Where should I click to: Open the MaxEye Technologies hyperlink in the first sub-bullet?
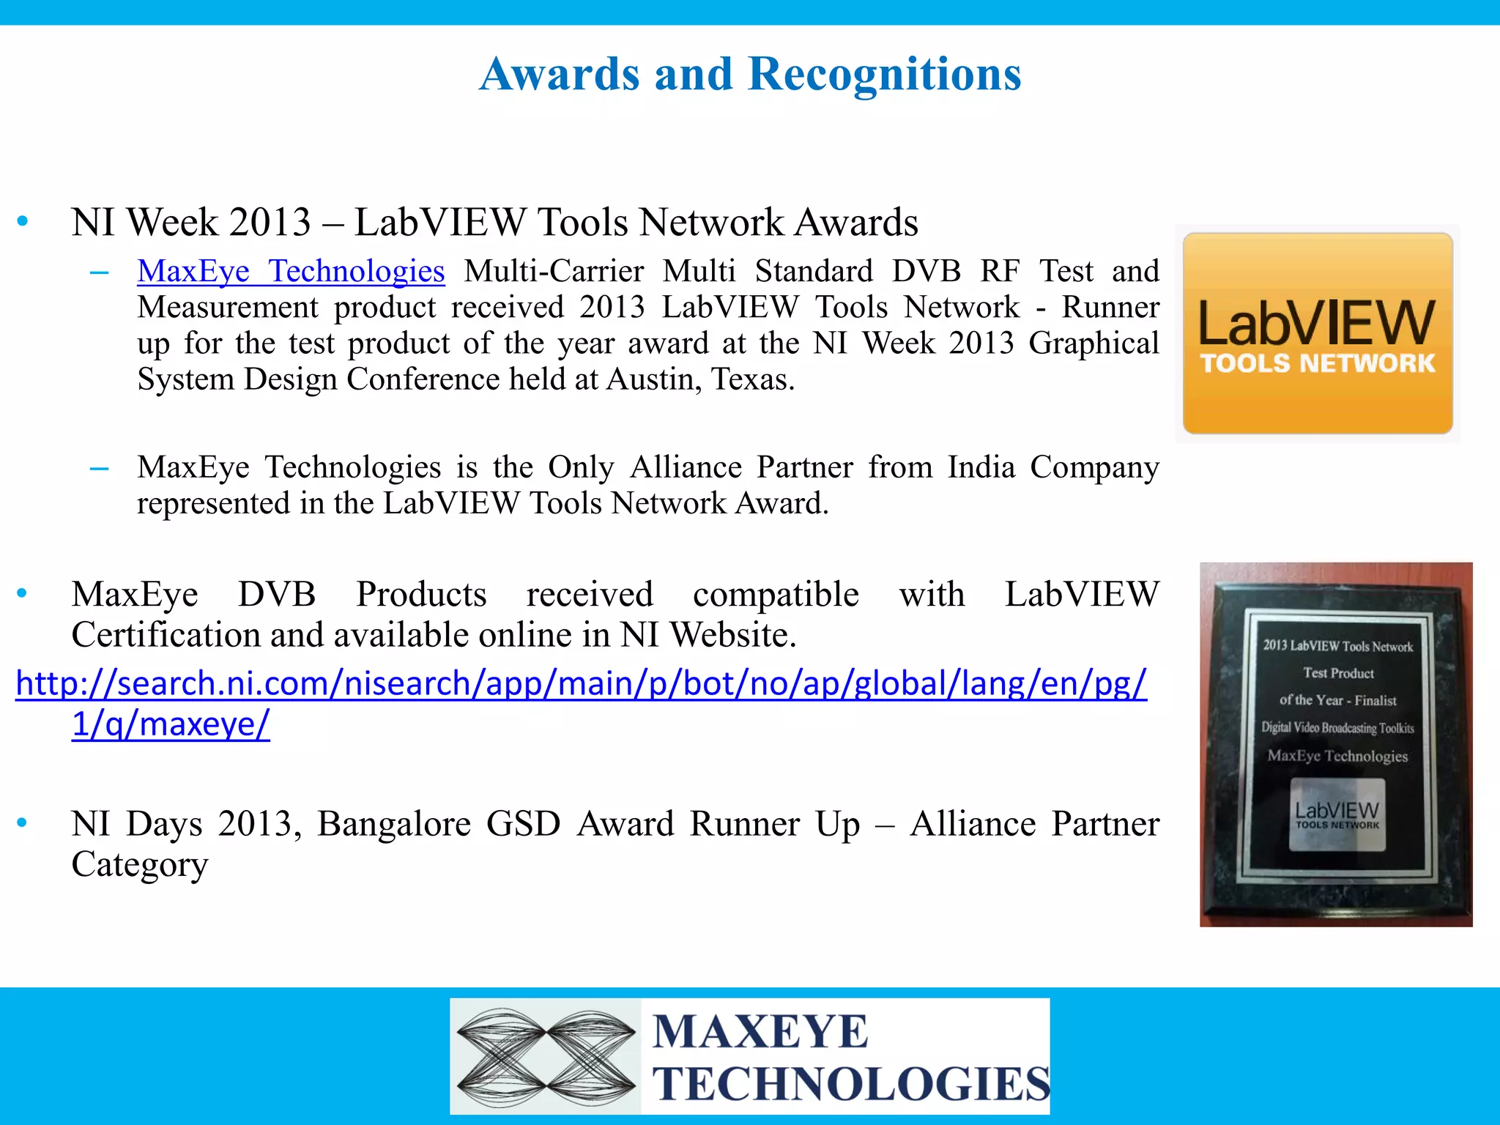pyautogui.click(x=291, y=271)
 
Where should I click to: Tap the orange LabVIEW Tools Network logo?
pyautogui.click(x=1317, y=333)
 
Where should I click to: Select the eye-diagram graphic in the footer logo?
pyautogui.click(x=546, y=1055)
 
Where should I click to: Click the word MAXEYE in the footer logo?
pyautogui.click(x=760, y=1032)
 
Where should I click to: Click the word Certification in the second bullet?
pyautogui.click(x=165, y=634)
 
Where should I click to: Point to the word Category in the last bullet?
pyautogui.click(x=139, y=865)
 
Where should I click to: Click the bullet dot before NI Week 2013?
pyautogui.click(x=23, y=221)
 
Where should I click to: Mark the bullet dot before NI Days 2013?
pyautogui.click(x=23, y=823)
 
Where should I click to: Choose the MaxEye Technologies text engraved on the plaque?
pyautogui.click(x=1337, y=756)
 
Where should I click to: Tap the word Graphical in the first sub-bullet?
pyautogui.click(x=1094, y=343)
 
